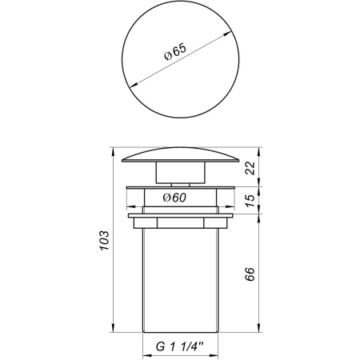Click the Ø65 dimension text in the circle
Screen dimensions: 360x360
175,55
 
